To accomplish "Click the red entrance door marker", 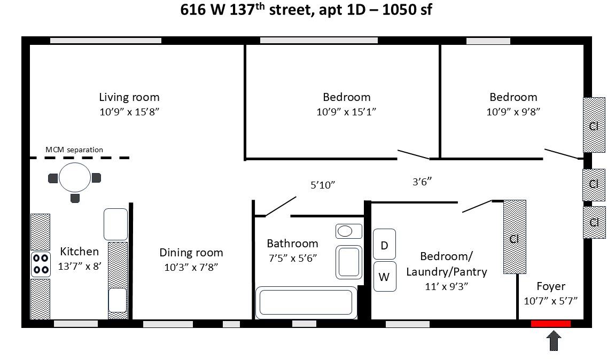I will [550, 324].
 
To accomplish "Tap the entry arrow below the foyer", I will [554, 341].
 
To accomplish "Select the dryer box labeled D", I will [384, 245].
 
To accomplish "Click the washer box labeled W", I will [384, 277].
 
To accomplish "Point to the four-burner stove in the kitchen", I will [41, 263].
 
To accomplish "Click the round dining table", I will [75, 177].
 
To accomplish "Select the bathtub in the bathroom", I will [306, 302].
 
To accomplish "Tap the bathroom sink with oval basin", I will [345, 231].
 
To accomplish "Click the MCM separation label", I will [74, 150].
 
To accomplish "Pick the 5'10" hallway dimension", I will [322, 185].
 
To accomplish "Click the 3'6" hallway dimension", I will [422, 181].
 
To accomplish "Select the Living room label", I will [129, 97].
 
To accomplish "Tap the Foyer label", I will [550, 286].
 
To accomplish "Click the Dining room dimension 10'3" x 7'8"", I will [191, 267].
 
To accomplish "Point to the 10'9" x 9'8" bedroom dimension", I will [513, 112].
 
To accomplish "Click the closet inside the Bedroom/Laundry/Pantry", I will [515, 237].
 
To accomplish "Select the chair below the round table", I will [75, 198].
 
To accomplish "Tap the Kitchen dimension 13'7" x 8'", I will [79, 266].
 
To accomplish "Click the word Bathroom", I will [292, 244].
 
